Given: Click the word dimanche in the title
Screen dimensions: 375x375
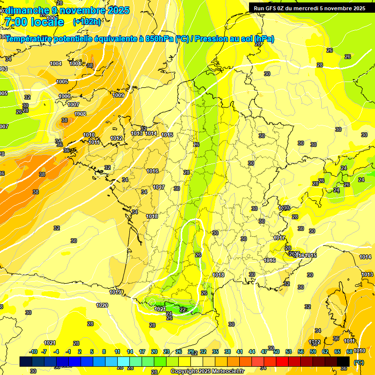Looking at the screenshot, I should coord(27,10).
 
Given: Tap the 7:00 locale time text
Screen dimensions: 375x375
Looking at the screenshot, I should coord(34,22).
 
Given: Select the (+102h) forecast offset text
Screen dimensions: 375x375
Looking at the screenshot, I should coord(86,21).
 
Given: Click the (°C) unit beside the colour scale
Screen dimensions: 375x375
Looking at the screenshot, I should coord(358,362).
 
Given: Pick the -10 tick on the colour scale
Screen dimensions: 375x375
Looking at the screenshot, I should coord(33,352).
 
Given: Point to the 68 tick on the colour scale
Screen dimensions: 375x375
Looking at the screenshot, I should coord(350,352).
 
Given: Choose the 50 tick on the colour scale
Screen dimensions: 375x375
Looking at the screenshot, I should coord(276,352).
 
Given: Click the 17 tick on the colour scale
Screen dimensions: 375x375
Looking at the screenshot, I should coord(142,352).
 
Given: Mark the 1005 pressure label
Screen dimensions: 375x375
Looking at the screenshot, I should coord(62,82).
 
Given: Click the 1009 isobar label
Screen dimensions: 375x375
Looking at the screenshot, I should coord(118,95).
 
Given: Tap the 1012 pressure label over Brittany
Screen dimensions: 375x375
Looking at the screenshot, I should coord(116,138).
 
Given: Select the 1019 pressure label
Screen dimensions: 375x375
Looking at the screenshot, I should coord(116,292).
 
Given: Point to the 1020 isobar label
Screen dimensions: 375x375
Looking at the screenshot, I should coord(102,305).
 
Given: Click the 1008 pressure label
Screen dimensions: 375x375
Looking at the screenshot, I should coord(80,114).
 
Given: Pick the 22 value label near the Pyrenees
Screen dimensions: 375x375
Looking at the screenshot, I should coord(183,310).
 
